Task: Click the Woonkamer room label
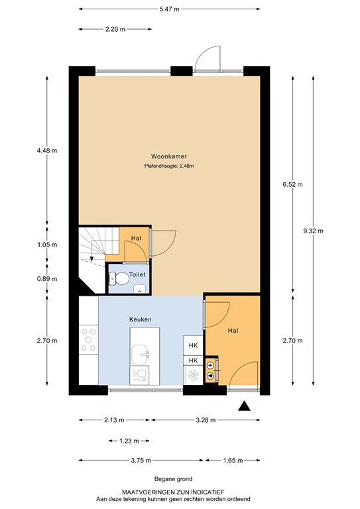coord(168,156)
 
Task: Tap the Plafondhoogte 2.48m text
coord(168,166)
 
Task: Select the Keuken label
coord(140,319)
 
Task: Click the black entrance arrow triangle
coord(245,407)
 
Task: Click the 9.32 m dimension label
coord(313,231)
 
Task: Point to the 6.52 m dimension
coord(292,184)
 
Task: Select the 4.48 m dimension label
coord(47,150)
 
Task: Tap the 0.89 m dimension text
coord(47,279)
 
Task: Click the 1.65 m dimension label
coord(232,461)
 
